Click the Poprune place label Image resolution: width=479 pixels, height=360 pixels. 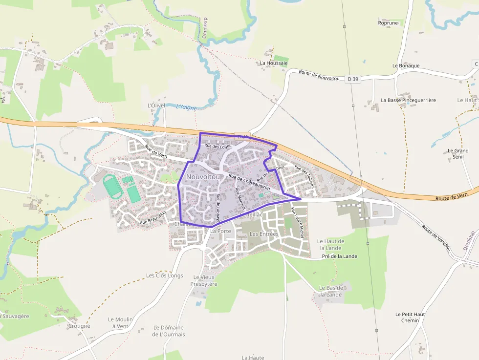(388, 23)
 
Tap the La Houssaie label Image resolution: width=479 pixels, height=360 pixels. (274, 63)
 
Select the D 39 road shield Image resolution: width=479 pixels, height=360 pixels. (353, 79)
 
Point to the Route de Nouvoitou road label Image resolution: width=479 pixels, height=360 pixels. (319, 75)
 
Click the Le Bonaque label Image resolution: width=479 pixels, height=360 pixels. (406, 65)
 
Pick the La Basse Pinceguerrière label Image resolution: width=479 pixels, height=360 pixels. (408, 100)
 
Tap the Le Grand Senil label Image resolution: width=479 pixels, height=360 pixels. (458, 154)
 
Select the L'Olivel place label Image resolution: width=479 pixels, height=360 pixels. (156, 106)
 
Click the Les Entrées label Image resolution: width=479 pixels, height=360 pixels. (263, 234)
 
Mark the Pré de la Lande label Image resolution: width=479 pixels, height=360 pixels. (339, 256)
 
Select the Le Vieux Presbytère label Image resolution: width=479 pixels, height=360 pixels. (205, 280)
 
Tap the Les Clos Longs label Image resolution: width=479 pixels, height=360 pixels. (165, 275)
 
